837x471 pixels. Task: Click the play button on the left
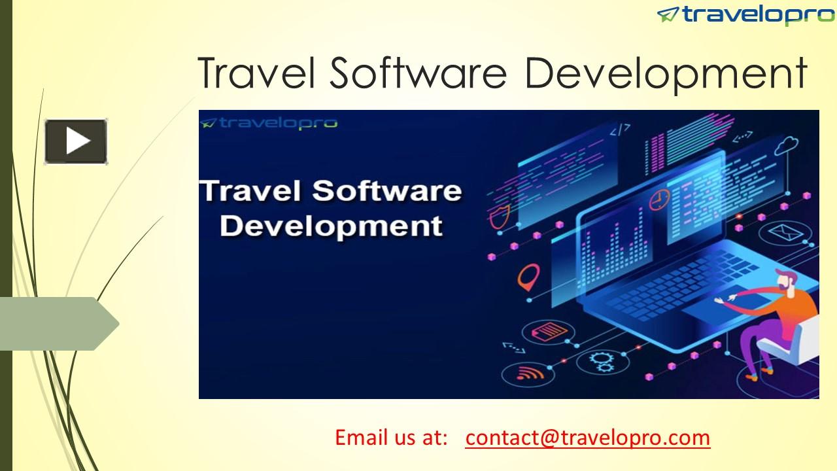click(76, 141)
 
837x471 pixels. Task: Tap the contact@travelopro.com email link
click(587, 437)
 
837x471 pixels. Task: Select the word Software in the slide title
click(418, 73)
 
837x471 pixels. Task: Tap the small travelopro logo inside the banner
click(269, 122)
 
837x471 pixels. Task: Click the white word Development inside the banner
click(332, 226)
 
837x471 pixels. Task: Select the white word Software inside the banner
click(387, 191)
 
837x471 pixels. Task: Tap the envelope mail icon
click(780, 232)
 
